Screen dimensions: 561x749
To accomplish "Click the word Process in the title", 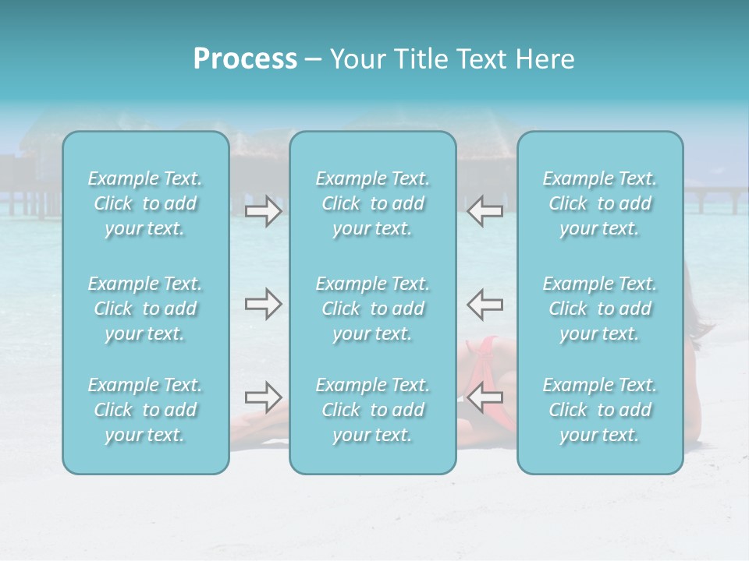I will click(245, 59).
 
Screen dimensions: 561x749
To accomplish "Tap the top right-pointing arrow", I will click(263, 211).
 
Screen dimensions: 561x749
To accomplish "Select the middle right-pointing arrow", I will click(263, 304).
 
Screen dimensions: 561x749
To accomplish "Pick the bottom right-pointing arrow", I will click(263, 398).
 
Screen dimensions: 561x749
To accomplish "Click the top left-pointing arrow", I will click(485, 211).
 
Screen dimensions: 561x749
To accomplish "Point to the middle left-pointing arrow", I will click(485, 304).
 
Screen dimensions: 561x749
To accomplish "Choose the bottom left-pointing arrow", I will click(485, 398).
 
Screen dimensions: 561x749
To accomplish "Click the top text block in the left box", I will click(145, 203).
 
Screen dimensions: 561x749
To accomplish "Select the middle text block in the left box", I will click(145, 309).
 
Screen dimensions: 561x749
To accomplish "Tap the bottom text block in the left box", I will click(145, 410).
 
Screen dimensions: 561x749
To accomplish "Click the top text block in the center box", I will click(372, 203).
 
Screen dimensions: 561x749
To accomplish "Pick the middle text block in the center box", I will click(372, 309).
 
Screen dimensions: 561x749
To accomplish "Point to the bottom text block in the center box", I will click(372, 410).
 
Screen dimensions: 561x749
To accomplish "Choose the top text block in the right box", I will click(599, 203).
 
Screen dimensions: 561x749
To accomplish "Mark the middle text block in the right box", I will click(599, 309).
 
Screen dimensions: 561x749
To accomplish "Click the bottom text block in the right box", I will click(599, 410).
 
